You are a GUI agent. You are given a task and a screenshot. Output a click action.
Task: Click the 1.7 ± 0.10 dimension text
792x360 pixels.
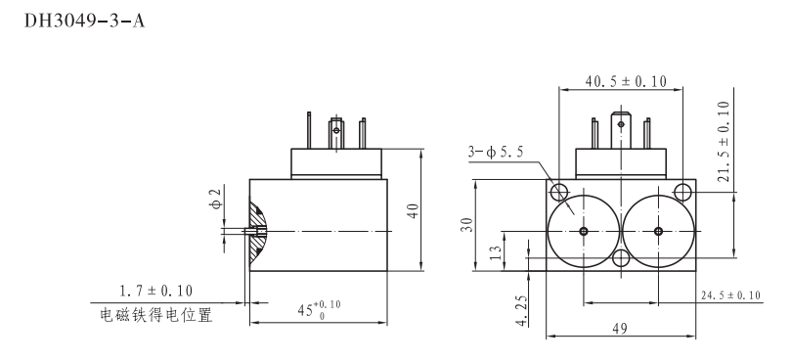(x=155, y=291)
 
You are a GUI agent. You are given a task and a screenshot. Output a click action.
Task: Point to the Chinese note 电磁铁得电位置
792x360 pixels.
(x=155, y=315)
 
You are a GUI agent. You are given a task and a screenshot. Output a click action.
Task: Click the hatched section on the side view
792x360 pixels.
(x=258, y=232)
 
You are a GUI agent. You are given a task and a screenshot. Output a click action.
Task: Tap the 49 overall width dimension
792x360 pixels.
(x=620, y=331)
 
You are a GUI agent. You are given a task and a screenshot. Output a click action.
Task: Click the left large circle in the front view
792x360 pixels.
(x=583, y=231)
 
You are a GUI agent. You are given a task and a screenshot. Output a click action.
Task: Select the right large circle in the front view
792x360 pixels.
(x=658, y=231)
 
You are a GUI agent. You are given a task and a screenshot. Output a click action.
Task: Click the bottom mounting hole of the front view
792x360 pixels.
(x=620, y=259)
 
